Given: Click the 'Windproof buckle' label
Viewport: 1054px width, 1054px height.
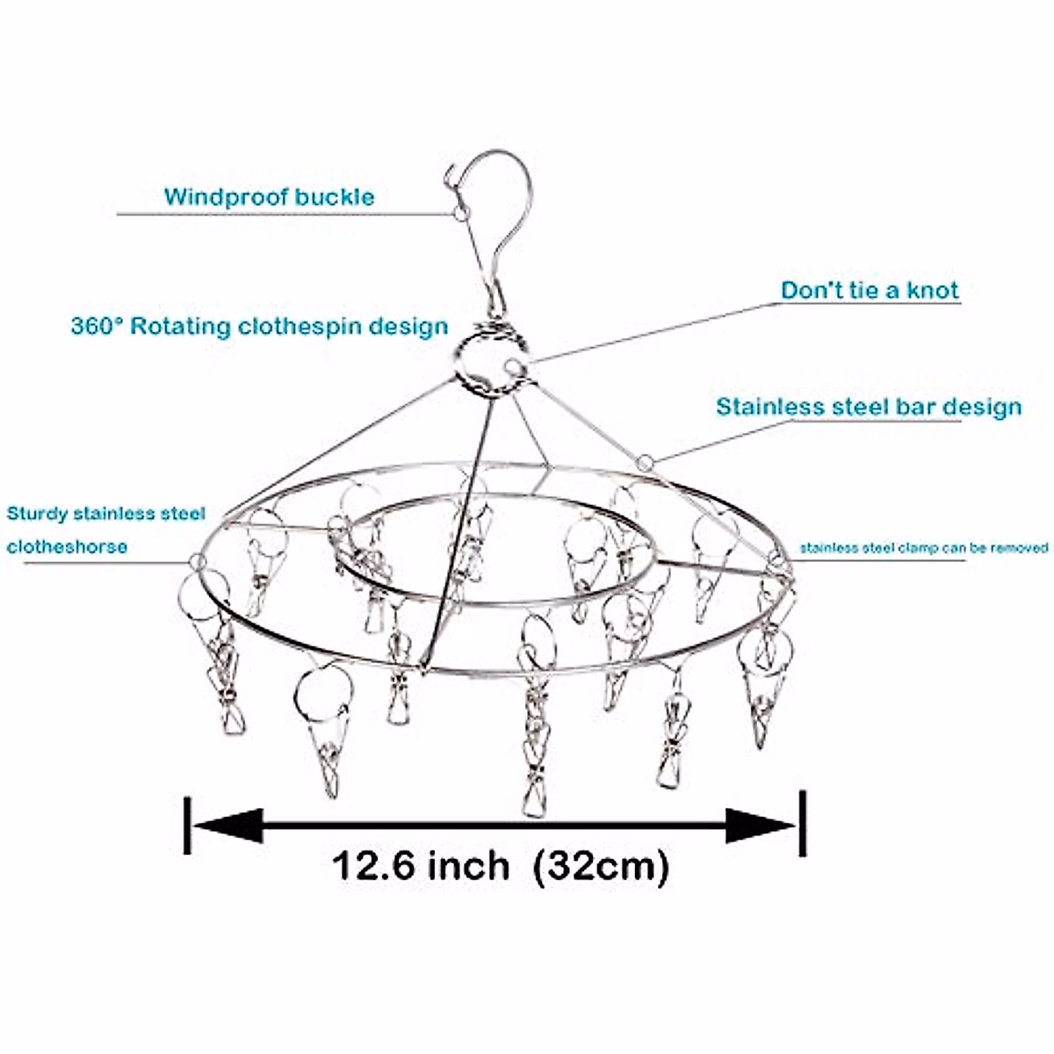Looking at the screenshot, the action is pyautogui.click(x=269, y=196).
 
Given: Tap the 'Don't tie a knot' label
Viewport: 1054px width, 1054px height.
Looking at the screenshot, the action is pyautogui.click(x=870, y=291).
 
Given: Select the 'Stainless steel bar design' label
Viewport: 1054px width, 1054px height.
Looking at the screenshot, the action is pyautogui.click(x=869, y=408).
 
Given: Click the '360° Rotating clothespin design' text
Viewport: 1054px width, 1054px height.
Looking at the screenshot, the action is pyautogui.click(x=259, y=327).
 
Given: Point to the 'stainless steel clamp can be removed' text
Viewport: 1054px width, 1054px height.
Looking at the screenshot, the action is pyautogui.click(x=923, y=548).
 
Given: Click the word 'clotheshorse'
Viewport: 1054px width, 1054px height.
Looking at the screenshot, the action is pyautogui.click(x=67, y=546).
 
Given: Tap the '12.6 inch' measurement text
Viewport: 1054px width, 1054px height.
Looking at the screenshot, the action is pyautogui.click(x=421, y=866).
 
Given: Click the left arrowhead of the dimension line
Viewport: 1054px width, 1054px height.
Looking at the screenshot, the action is pyautogui.click(x=227, y=826).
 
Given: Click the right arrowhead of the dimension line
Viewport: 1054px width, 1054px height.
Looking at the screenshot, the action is pyautogui.click(x=761, y=826).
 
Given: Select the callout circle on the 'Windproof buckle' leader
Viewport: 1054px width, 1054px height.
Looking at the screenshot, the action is pyautogui.click(x=460, y=213).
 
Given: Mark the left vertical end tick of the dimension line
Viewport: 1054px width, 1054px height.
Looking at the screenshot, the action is pyautogui.click(x=187, y=825).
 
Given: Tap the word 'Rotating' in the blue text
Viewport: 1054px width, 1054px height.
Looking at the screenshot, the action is pyautogui.click(x=183, y=327).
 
